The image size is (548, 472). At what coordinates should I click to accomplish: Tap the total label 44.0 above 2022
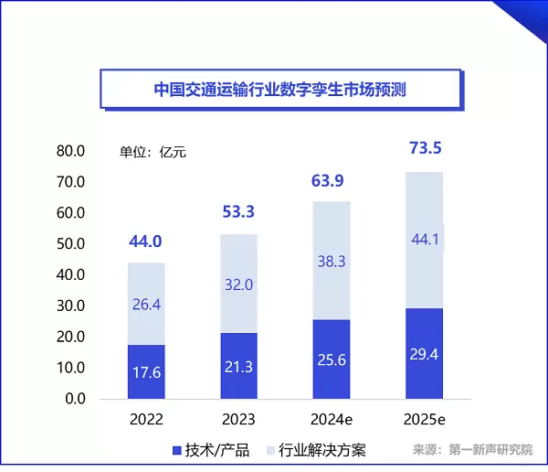pos(146,242)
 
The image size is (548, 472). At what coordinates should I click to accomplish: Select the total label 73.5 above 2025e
pos(425,149)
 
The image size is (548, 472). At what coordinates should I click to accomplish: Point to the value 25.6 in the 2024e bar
pos(332,359)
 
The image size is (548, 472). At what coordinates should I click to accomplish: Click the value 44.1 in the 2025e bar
pos(425,241)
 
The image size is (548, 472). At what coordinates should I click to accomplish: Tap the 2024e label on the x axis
pos(332,421)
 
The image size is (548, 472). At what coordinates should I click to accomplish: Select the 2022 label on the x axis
pos(146,421)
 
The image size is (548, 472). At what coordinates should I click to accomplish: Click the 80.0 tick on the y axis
pos(69,151)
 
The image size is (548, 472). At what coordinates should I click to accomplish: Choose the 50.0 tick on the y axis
pos(69,244)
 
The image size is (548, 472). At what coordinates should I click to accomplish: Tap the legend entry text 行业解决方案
pos(326,450)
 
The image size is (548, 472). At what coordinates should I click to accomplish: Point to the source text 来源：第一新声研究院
pos(472,450)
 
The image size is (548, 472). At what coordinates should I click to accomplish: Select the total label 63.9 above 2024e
pos(332,181)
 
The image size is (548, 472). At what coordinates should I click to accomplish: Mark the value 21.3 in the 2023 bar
pos(238,367)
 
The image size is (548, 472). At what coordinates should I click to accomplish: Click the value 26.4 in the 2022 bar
pos(146,304)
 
